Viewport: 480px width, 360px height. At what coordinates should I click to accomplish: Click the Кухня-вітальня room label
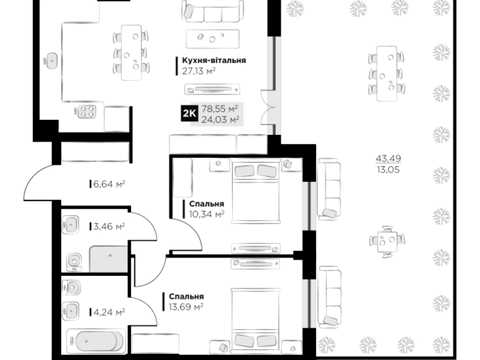214,60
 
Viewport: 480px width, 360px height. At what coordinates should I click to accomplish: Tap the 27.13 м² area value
198,71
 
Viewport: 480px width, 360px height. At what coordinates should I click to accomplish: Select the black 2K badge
189,114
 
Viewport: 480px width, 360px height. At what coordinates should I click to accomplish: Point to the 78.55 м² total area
219,109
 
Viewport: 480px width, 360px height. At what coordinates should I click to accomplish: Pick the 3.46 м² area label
109,227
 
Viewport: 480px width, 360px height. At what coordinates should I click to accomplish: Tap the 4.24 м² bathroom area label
109,312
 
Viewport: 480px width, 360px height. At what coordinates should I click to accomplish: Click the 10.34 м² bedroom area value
206,214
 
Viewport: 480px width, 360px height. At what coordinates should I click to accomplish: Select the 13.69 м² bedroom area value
186,307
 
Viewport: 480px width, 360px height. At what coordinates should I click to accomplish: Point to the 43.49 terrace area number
388,158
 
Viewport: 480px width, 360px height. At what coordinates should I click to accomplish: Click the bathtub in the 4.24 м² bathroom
96,341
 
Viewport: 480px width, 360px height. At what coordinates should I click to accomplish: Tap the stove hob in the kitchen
85,112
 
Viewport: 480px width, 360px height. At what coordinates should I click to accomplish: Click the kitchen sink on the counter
51,61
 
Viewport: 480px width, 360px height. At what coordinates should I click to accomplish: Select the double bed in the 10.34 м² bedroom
256,192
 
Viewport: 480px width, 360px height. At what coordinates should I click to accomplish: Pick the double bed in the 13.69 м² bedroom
256,319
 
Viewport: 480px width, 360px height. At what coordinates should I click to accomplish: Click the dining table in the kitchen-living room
131,52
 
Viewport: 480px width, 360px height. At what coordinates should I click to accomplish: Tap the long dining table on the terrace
387,74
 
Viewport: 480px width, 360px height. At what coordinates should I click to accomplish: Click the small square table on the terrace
387,241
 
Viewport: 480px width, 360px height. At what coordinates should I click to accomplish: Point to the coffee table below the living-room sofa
213,38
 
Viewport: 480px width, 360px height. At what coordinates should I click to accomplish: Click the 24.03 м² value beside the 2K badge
219,119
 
